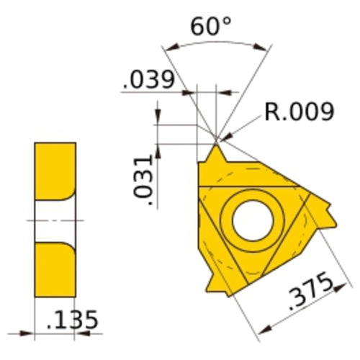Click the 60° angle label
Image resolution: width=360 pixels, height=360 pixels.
coord(211,27)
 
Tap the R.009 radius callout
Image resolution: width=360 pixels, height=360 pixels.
coord(300,112)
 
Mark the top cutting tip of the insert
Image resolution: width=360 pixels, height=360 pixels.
coord(215,151)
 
